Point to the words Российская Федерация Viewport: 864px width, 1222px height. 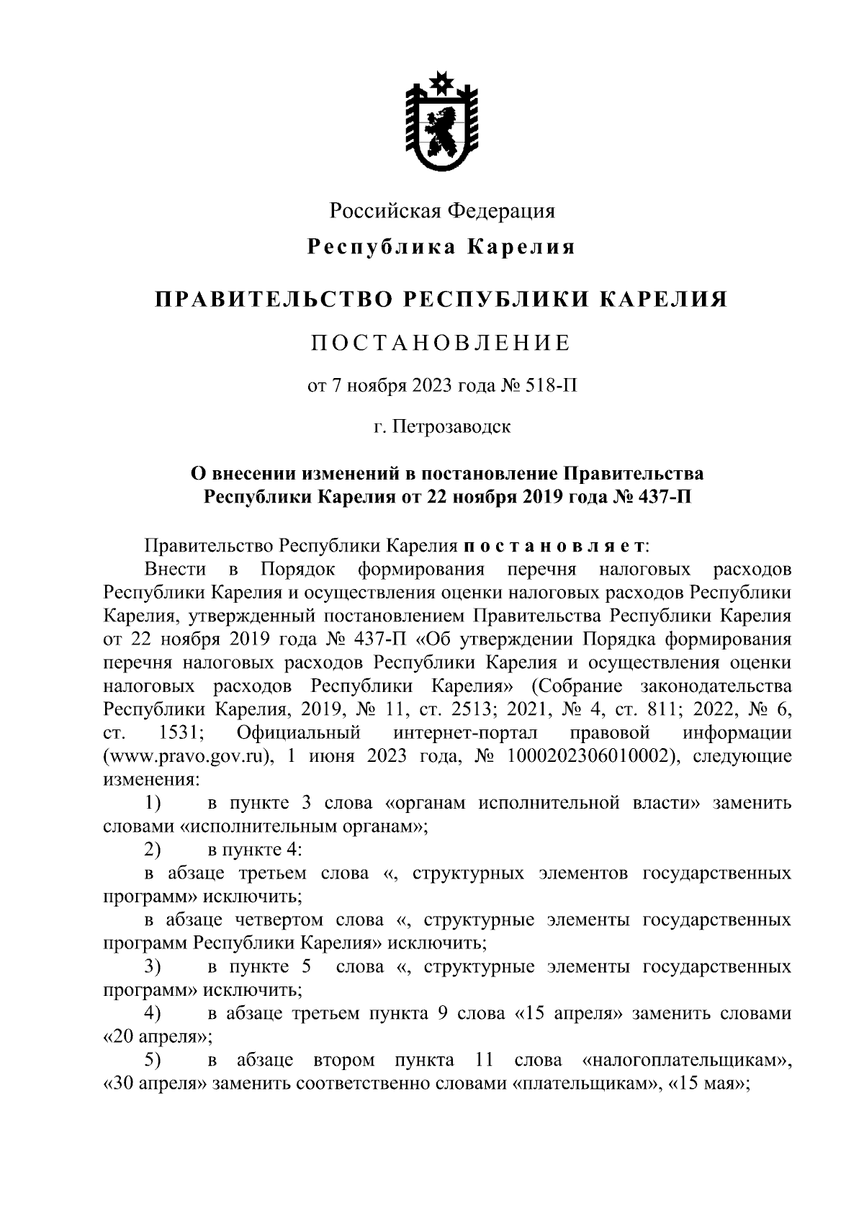point(442,211)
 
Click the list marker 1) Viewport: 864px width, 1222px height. point(153,803)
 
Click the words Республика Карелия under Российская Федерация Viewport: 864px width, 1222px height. point(441,247)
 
